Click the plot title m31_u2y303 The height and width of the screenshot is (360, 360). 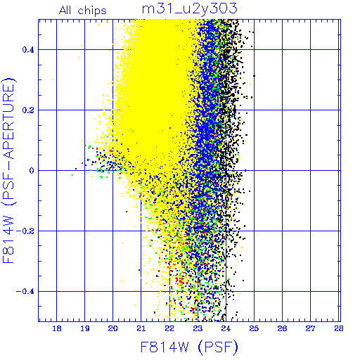(190, 9)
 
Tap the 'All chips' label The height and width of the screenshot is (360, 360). (83, 11)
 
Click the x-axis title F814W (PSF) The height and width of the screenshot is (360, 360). (189, 347)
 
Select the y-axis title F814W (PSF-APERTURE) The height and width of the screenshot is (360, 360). (9, 170)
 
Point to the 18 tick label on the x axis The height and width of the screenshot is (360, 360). (57, 328)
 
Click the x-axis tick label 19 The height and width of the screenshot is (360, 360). (85, 328)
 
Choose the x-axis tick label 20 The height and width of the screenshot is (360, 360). (112, 328)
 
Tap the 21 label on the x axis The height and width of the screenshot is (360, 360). (141, 328)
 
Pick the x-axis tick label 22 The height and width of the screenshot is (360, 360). (169, 328)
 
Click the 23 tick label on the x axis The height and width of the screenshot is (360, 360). (198, 328)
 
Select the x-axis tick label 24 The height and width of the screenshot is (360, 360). (226, 328)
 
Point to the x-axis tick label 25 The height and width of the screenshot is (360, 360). (254, 328)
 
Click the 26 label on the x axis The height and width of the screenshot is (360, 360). (282, 328)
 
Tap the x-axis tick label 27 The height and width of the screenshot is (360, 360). (311, 328)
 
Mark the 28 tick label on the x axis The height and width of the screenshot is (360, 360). (338, 328)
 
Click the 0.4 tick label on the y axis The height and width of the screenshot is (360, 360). (28, 50)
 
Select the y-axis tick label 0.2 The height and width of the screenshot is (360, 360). (28, 110)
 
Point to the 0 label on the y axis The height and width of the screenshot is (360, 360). (32, 171)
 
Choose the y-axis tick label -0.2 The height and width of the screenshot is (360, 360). (25, 231)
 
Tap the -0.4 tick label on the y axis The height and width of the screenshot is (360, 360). (25, 292)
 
